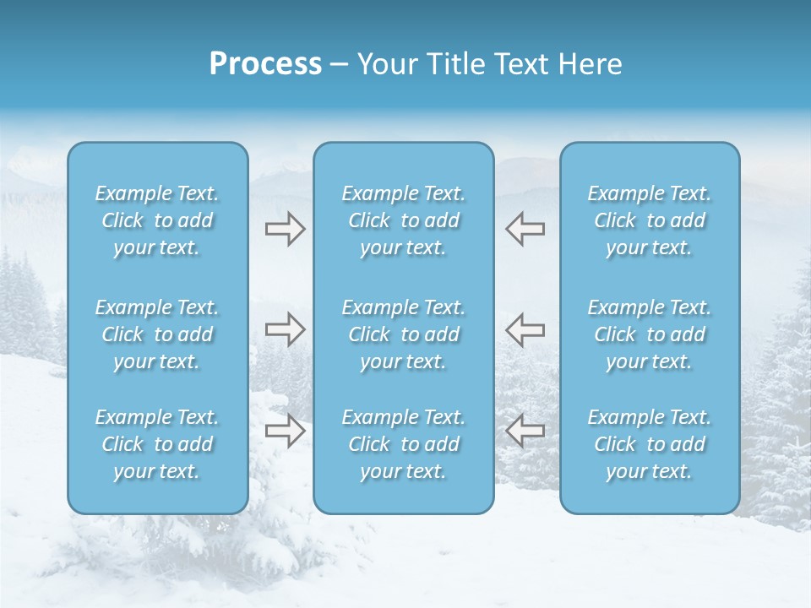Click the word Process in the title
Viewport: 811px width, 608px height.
pyautogui.click(x=265, y=64)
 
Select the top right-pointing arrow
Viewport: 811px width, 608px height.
pyautogui.click(x=285, y=228)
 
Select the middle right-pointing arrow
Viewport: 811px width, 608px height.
pyautogui.click(x=285, y=329)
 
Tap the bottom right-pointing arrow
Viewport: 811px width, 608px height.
pyautogui.click(x=285, y=431)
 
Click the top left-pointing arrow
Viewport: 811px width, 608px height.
pyautogui.click(x=525, y=228)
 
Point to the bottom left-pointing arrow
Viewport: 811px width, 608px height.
pyautogui.click(x=525, y=431)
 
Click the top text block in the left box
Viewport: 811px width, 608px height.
pyautogui.click(x=157, y=220)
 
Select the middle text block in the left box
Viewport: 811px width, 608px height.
pyautogui.click(x=157, y=334)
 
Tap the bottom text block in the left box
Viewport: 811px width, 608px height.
pyautogui.click(x=157, y=444)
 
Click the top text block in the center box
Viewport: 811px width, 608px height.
pyautogui.click(x=403, y=220)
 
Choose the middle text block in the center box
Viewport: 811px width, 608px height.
pyautogui.click(x=403, y=334)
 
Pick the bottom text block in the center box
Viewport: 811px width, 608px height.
pyautogui.click(x=403, y=444)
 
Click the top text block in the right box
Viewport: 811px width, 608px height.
pyautogui.click(x=649, y=220)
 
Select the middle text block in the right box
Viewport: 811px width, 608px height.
pyautogui.click(x=649, y=334)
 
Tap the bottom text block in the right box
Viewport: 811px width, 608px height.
pyautogui.click(x=649, y=444)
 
